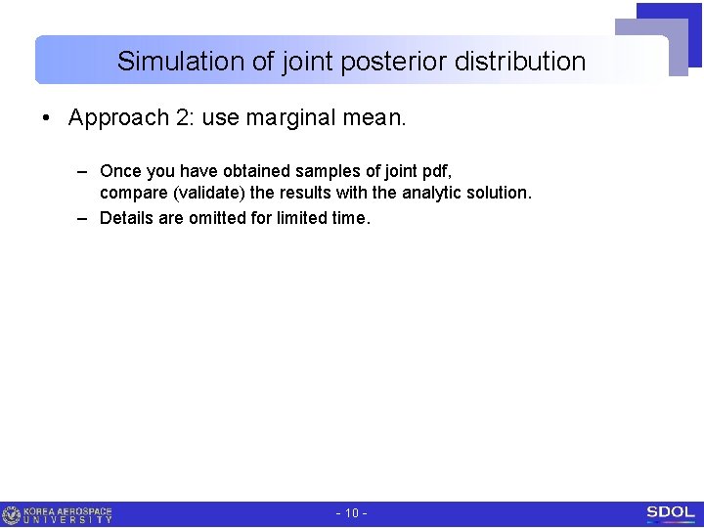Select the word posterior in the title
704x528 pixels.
[365, 62]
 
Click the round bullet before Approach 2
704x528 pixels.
[47, 118]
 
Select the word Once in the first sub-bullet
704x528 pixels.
[119, 172]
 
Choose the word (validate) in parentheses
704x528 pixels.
[209, 193]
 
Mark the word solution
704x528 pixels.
[498, 193]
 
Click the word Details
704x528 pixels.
[126, 218]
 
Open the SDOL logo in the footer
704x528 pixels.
[670, 513]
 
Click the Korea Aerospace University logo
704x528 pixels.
[59, 514]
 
